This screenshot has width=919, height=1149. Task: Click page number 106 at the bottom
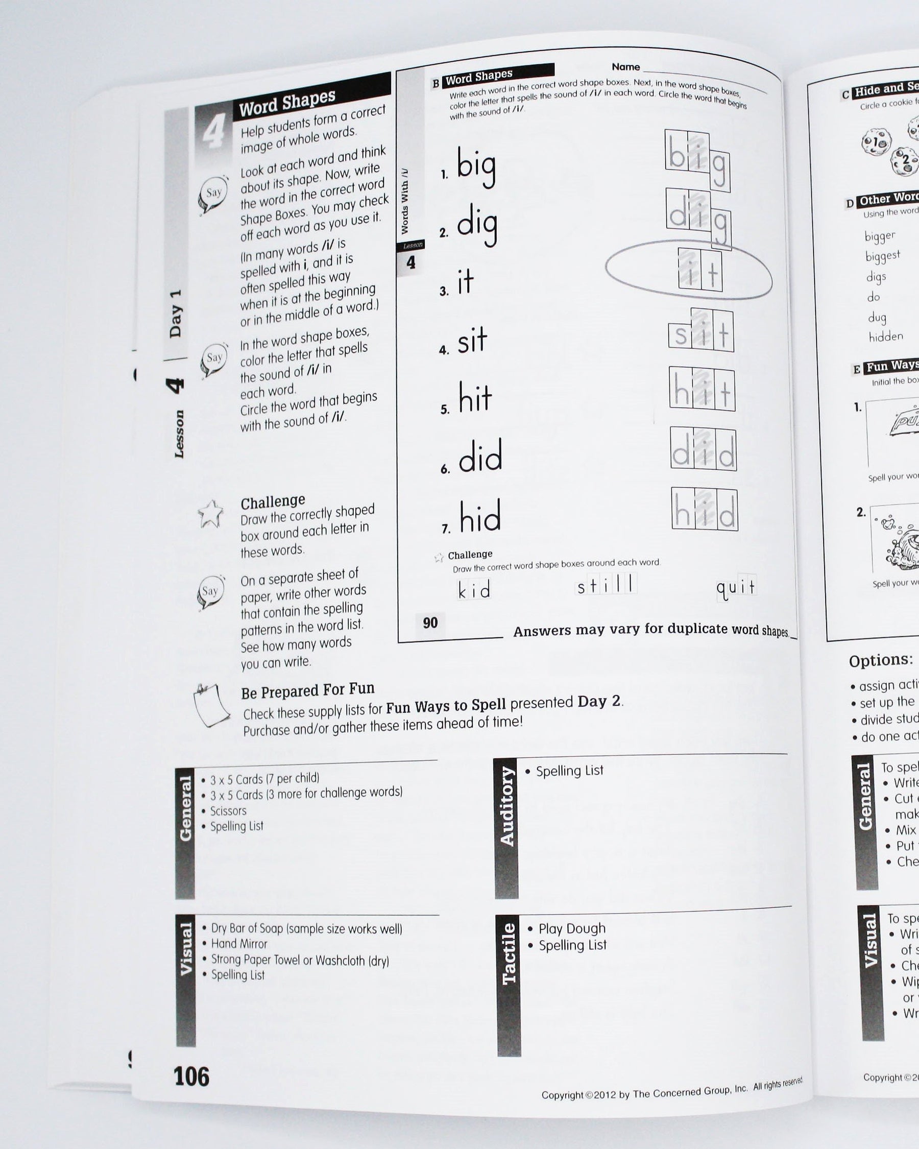(x=191, y=1076)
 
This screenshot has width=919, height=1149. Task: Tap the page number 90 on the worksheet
(x=430, y=623)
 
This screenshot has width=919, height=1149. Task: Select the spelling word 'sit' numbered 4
(x=472, y=341)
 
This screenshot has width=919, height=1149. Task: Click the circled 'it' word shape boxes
(x=699, y=270)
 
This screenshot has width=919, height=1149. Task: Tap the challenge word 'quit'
(x=736, y=587)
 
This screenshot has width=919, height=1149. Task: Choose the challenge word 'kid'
(x=474, y=590)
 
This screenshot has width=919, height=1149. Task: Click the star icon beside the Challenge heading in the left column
(x=210, y=514)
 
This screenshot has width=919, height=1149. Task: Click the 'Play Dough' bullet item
(x=572, y=928)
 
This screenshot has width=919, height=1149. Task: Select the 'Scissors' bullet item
(x=228, y=810)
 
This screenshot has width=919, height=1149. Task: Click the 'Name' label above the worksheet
(x=625, y=67)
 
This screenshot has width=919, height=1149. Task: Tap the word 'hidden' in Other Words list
(x=886, y=337)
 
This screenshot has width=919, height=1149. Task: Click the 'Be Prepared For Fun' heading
(x=307, y=691)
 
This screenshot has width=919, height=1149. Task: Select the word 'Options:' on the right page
(x=881, y=660)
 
